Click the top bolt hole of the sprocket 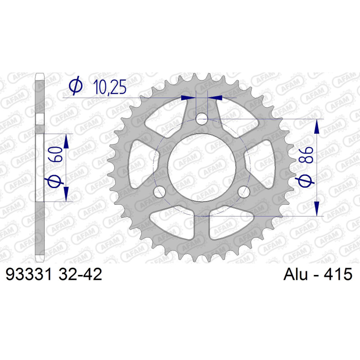click(x=202, y=119)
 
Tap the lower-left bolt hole click(x=160, y=192)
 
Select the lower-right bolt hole click(x=244, y=192)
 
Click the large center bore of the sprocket click(x=202, y=167)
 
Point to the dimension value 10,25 click(x=110, y=87)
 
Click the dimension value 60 click(x=56, y=154)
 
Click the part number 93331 click(x=28, y=274)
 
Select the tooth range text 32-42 click(x=80, y=274)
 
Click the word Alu click(x=296, y=274)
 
